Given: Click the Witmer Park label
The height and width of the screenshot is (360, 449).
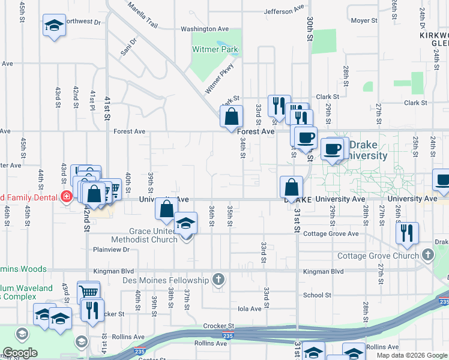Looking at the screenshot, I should click(x=215, y=50).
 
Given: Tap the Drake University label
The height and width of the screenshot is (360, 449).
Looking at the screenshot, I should click(x=368, y=151).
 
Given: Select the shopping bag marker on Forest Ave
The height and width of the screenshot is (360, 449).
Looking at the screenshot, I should click(x=231, y=116).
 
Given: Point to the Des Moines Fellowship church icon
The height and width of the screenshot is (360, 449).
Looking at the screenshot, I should click(x=218, y=280).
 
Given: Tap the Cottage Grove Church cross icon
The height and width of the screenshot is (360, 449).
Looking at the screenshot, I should click(x=427, y=256).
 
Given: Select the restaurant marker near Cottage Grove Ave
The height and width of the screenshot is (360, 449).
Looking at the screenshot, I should click(x=407, y=233).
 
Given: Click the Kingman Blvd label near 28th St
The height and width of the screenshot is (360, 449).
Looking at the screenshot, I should click(x=324, y=271).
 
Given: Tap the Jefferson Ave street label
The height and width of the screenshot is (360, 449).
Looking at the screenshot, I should click(x=285, y=11).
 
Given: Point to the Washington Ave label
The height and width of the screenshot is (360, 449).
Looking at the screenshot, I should click(x=205, y=29).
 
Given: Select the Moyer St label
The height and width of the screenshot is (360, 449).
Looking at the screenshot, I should click(x=364, y=20).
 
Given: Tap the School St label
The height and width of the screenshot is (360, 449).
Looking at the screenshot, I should click(x=317, y=295).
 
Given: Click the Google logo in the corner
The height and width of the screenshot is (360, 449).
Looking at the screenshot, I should click(x=20, y=353).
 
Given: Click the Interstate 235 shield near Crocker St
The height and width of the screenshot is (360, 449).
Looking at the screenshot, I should click(x=228, y=334).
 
